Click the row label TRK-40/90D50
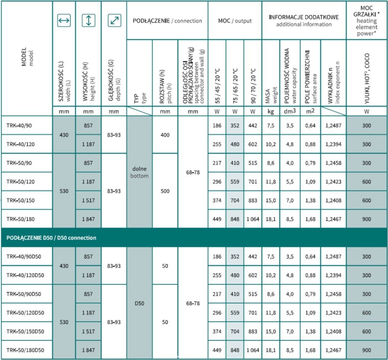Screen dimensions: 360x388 click(x=24, y=256)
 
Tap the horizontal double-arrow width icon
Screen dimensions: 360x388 click(x=64, y=21)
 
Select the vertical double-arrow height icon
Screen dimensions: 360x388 click(x=88, y=21)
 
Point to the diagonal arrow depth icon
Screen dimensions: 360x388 click(x=114, y=21)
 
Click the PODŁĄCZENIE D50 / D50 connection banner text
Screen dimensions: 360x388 click(x=51, y=238)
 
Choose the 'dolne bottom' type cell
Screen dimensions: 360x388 click(x=139, y=172)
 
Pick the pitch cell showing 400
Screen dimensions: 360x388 click(x=165, y=135)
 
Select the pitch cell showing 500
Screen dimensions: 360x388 click(x=165, y=191)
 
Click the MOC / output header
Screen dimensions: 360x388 click(x=235, y=21)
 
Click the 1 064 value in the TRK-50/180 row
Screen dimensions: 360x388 click(x=252, y=219)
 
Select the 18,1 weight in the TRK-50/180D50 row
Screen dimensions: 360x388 click(x=271, y=350)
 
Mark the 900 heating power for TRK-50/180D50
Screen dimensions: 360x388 click(x=366, y=350)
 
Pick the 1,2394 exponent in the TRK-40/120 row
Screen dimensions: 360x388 click(x=333, y=144)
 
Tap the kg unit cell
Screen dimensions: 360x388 click(x=270, y=112)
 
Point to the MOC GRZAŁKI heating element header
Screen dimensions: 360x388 click(x=367, y=21)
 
